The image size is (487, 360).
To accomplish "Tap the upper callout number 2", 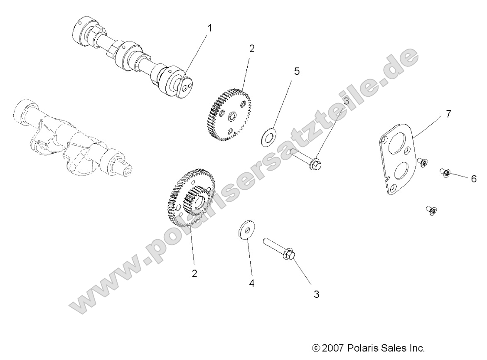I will pyautogui.click(x=251, y=49).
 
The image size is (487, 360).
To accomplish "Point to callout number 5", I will pyautogui.click(x=297, y=71).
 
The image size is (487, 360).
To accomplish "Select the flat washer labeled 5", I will pyautogui.click(x=267, y=137).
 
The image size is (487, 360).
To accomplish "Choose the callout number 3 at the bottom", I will pyautogui.click(x=317, y=294).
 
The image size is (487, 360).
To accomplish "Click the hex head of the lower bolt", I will pyautogui.click(x=289, y=254).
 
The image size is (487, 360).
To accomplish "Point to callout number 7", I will pyautogui.click(x=448, y=114).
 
